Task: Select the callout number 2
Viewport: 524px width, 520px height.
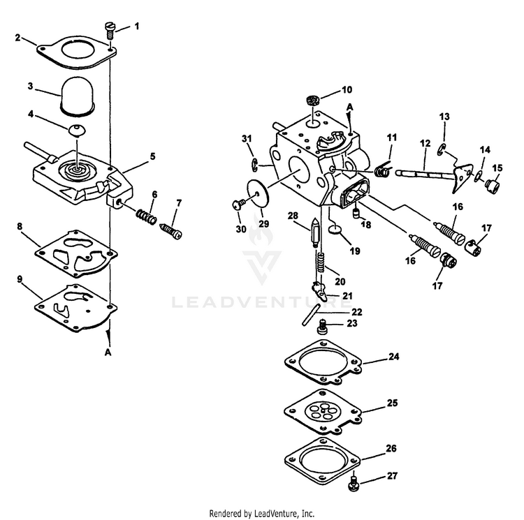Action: (18, 38)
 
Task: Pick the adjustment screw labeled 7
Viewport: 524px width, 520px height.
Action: (170, 229)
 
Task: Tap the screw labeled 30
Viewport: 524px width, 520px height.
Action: (238, 204)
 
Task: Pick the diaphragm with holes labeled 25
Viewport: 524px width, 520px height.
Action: (323, 413)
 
